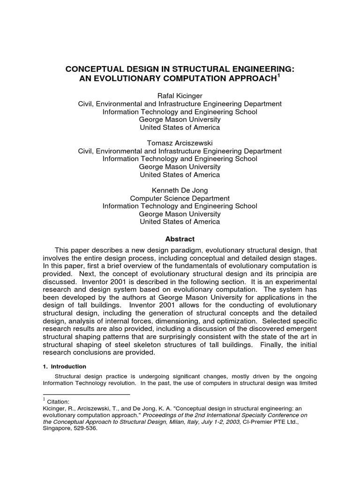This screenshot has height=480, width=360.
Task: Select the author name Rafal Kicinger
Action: click(x=180, y=96)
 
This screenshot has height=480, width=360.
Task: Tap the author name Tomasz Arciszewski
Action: click(x=180, y=143)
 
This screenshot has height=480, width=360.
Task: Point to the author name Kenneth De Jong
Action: click(x=180, y=190)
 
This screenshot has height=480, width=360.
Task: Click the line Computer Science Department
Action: click(x=180, y=198)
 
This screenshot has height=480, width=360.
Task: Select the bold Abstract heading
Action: click(x=180, y=239)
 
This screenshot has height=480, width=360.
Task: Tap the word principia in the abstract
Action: click(x=297, y=275)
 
